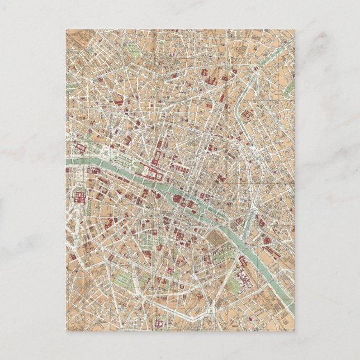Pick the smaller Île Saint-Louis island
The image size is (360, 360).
click(x=212, y=215)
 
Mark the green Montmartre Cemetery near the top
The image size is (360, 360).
click(x=134, y=51)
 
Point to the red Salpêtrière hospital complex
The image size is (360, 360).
click(x=246, y=269)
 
